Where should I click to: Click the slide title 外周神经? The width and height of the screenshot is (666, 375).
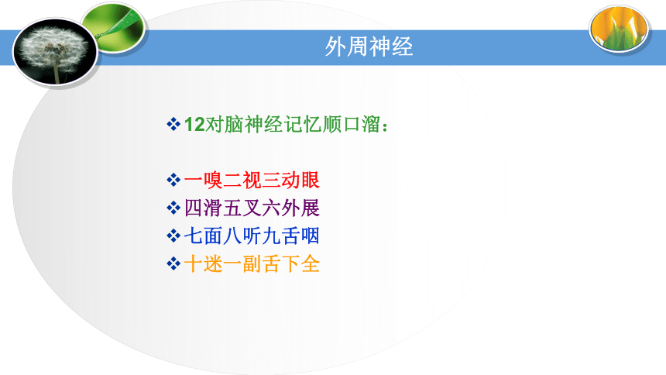(x=369, y=46)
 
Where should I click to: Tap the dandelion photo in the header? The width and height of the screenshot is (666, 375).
(x=55, y=51)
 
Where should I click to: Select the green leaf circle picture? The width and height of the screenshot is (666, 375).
(x=114, y=28)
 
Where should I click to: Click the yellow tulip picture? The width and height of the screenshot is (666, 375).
(x=620, y=28)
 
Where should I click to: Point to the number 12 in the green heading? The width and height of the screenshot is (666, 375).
(x=194, y=125)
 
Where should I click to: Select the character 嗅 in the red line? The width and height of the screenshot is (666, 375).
(x=213, y=181)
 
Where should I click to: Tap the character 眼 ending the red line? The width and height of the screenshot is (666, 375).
(x=310, y=181)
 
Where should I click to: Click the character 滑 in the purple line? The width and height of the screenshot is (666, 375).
(x=213, y=208)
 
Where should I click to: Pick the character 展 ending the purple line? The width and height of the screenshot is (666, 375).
(x=310, y=208)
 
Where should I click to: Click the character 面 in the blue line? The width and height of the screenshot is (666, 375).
(x=213, y=236)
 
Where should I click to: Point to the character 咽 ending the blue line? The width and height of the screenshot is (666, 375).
(x=310, y=236)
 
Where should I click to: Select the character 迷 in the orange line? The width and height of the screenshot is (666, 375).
(x=213, y=264)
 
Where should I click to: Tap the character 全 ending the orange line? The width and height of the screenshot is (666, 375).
(x=310, y=264)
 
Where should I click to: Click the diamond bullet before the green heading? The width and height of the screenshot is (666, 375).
(x=173, y=125)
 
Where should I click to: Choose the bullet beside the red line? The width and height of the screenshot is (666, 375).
(x=173, y=181)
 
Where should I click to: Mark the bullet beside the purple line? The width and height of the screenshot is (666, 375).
(x=173, y=208)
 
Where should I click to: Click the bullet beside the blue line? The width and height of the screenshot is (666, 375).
(x=173, y=236)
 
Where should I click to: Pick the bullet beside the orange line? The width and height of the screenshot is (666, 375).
(x=173, y=264)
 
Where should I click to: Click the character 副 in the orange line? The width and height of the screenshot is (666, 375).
(x=252, y=264)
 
